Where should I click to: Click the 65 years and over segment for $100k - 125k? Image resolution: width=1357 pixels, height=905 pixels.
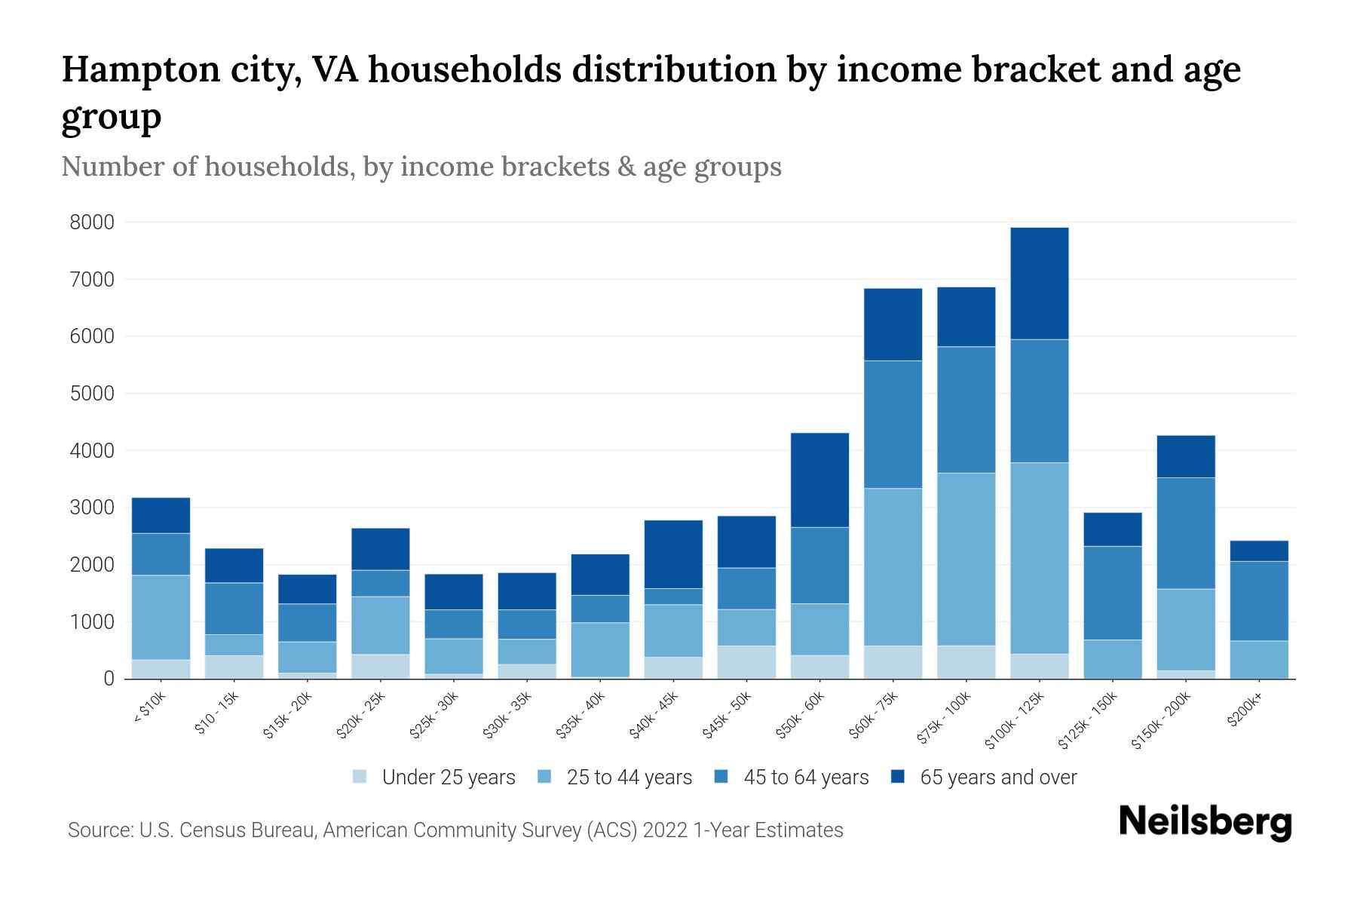(x=1040, y=283)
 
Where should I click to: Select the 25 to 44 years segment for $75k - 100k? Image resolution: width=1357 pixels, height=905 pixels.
(x=966, y=559)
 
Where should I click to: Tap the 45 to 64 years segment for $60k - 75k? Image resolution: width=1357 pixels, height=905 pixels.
(x=893, y=424)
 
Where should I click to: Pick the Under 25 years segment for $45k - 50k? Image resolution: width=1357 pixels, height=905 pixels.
(x=746, y=661)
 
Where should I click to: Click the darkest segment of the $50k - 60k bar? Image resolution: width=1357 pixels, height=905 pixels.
(x=819, y=480)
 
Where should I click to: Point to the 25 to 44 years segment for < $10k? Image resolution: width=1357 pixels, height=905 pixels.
(x=161, y=617)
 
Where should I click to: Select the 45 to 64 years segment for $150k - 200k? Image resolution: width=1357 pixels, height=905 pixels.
(x=1186, y=533)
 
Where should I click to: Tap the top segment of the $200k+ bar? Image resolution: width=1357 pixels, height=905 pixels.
(x=1259, y=551)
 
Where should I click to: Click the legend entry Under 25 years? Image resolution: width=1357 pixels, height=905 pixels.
(x=448, y=778)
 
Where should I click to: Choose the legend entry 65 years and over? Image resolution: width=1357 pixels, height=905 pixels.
(x=997, y=778)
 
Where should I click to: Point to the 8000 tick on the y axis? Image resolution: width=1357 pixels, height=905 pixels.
(x=92, y=222)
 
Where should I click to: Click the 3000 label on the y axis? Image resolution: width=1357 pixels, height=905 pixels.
(x=92, y=508)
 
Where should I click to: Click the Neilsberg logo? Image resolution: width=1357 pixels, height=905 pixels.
(x=1205, y=822)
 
